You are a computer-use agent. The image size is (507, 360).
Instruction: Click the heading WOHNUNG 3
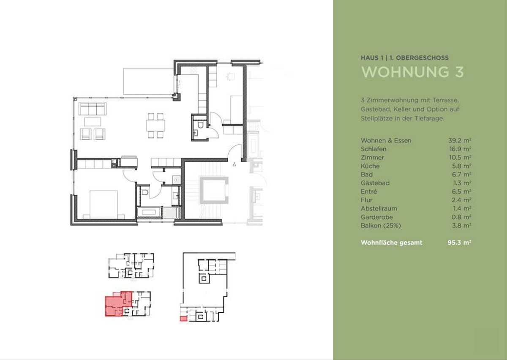pyautogui.click(x=412, y=72)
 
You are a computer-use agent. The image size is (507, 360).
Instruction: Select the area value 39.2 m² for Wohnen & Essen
pyautogui.click(x=460, y=140)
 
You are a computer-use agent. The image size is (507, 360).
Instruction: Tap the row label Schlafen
pyautogui.click(x=373, y=149)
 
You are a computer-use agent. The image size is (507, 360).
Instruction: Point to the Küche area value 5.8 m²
pyautogui.click(x=461, y=166)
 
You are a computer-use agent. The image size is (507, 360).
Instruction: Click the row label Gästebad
pyautogui.click(x=375, y=183)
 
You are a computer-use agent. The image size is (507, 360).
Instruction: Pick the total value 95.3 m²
pyautogui.click(x=460, y=243)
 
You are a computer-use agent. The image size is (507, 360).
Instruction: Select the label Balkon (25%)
pyautogui.click(x=381, y=226)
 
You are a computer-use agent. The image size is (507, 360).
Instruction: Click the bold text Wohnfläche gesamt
pyautogui.click(x=391, y=243)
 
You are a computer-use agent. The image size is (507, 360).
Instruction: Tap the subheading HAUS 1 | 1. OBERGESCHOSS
pyautogui.click(x=405, y=58)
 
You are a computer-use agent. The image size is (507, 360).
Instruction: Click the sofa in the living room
pyautogui.click(x=93, y=109)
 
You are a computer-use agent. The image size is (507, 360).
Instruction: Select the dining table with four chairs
pyautogui.click(x=155, y=125)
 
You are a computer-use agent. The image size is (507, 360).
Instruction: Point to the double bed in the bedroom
pyautogui.click(x=104, y=204)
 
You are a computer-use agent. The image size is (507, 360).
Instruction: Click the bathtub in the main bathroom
pyautogui.click(x=149, y=213)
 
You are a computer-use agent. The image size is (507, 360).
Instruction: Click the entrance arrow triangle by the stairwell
pyautogui.click(x=234, y=164)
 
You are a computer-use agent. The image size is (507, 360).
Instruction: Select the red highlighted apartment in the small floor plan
pyautogui.click(x=118, y=304)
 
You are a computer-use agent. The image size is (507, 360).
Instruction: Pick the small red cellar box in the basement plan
pyautogui.click(x=183, y=319)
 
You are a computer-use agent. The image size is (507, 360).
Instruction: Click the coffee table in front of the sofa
pyautogui.click(x=93, y=122)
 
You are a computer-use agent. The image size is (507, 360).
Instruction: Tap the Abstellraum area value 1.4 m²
pyautogui.click(x=462, y=208)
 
